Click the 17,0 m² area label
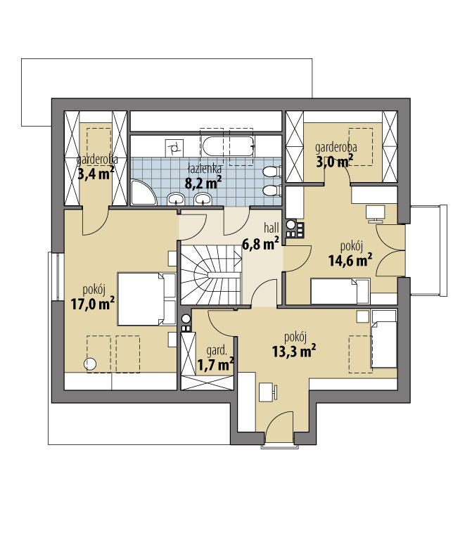pyautogui.click(x=93, y=304)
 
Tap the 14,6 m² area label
pyautogui.click(x=350, y=260)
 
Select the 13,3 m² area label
pyautogui.click(x=294, y=352)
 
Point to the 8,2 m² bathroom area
pyautogui.click(x=203, y=182)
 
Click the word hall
pyautogui.click(x=272, y=228)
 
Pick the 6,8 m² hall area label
pyautogui.click(x=260, y=243)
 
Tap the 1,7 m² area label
pyautogui.click(x=216, y=365)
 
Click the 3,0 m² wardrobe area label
pyautogui.click(x=334, y=162)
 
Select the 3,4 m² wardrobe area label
pyautogui.click(x=96, y=173)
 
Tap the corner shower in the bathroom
pyautogui.click(x=143, y=192)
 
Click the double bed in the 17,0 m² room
pyautogui.click(x=146, y=300)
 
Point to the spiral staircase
pyautogui.click(x=210, y=274)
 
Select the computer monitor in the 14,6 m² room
pyautogui.click(x=375, y=214)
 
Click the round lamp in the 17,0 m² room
pyautogui.click(x=90, y=363)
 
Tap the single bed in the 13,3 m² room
pyautogui.click(x=384, y=339)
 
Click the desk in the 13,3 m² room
pyautogui.click(x=268, y=392)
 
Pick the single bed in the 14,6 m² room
pyautogui.click(x=340, y=291)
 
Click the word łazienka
pyautogui.click(x=205, y=169)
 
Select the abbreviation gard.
pyautogui.click(x=217, y=350)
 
